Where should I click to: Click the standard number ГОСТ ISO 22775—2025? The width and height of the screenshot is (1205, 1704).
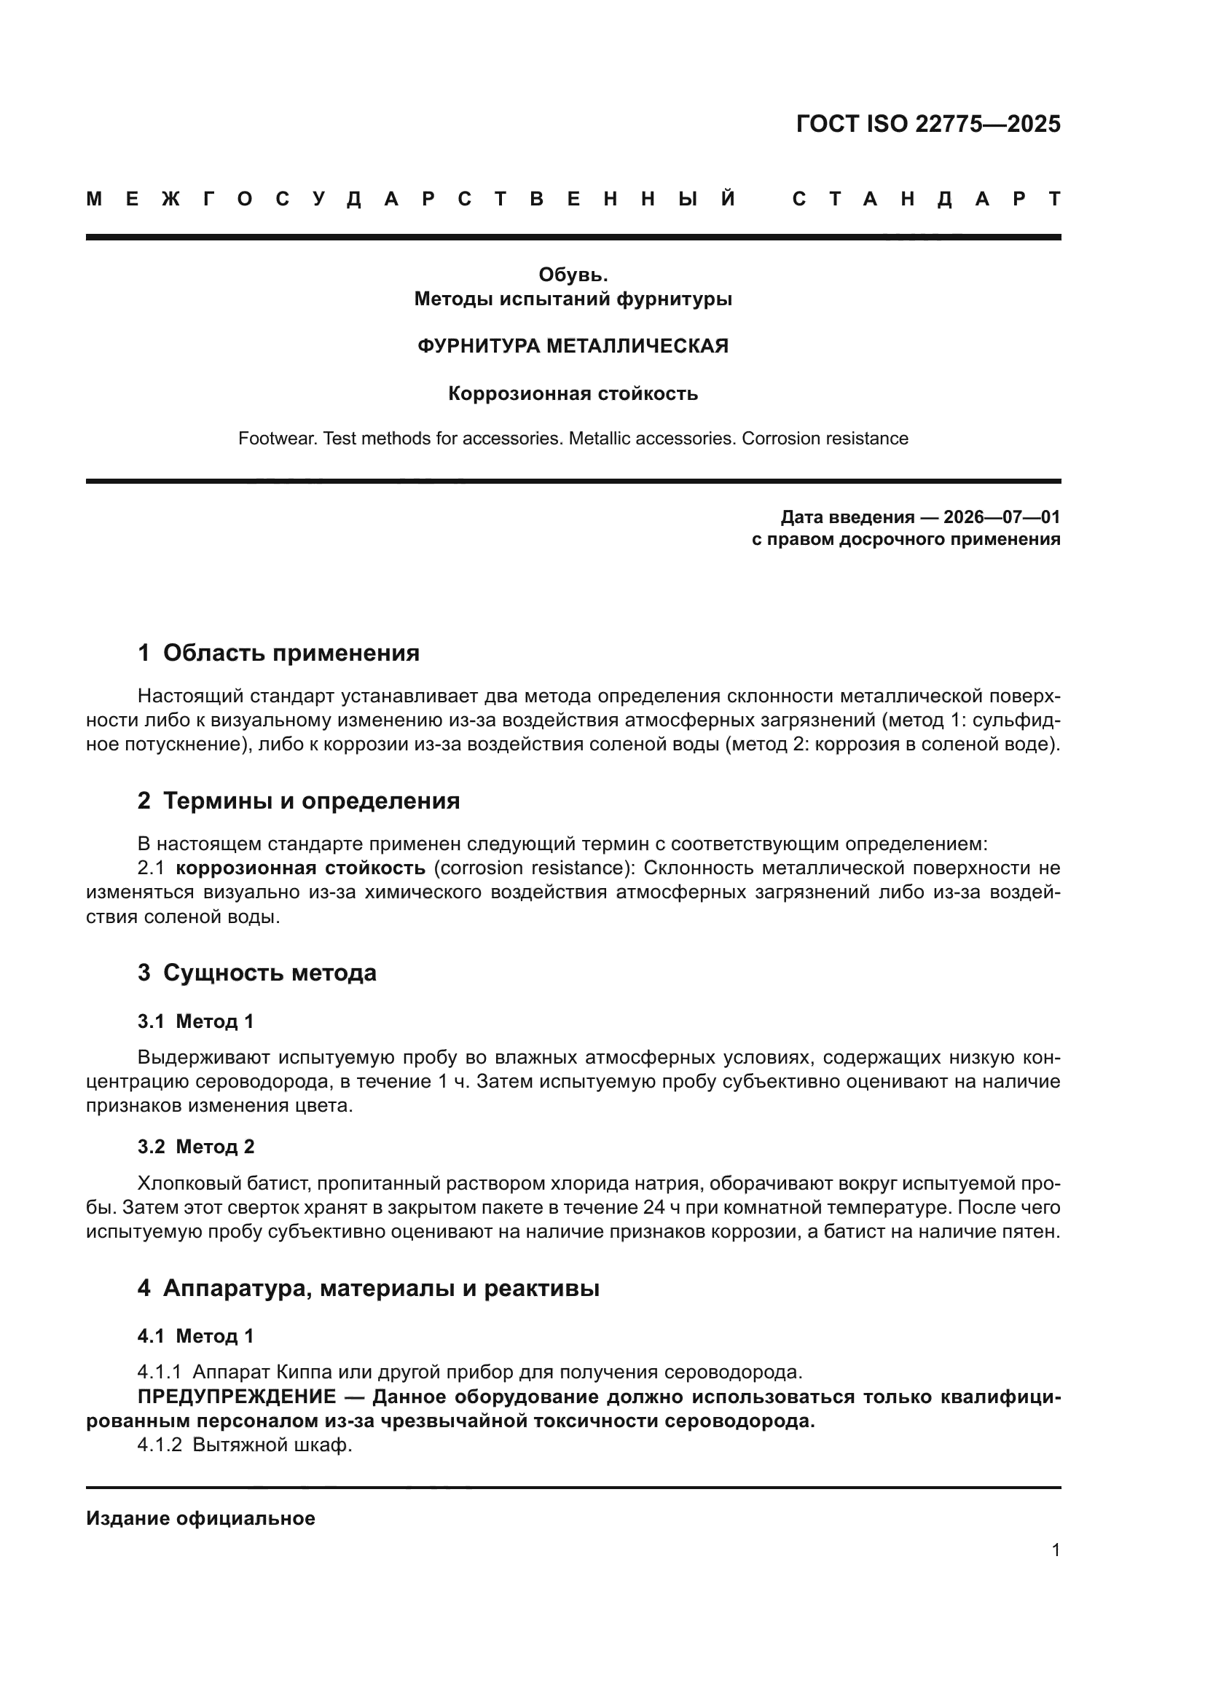point(927,123)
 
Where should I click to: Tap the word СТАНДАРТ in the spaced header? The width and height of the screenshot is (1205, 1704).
point(927,200)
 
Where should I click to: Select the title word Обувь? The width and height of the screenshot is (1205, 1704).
point(573,275)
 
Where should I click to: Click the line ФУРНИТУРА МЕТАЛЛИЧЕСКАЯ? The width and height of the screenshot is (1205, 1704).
point(573,346)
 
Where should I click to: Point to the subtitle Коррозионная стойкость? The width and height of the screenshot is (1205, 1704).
point(573,393)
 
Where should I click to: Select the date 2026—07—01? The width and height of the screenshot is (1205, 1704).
point(1002,517)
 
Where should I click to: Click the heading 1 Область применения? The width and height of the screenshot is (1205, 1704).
point(278,653)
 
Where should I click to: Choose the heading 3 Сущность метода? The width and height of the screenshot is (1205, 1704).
point(256,973)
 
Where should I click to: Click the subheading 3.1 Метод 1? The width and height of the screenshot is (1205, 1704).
point(196,1021)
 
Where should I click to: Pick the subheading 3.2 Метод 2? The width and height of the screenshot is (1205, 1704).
point(196,1147)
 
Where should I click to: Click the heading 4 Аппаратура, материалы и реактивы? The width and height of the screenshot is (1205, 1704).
point(368,1289)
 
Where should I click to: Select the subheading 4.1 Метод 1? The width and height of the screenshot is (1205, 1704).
point(196,1337)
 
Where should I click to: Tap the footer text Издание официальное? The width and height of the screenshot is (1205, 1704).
point(200,1518)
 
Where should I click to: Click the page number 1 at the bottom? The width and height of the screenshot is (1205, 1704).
point(1056,1550)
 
